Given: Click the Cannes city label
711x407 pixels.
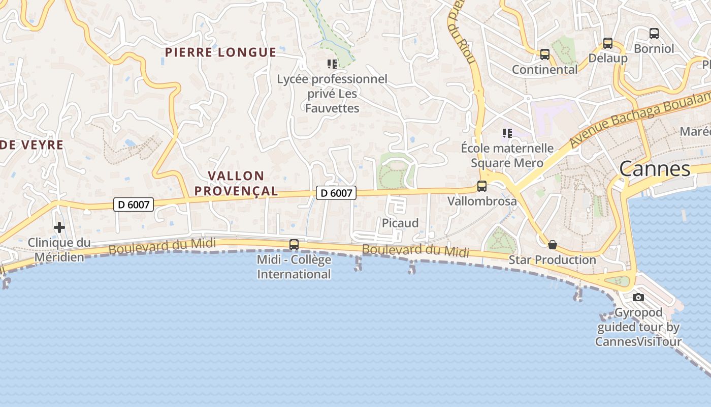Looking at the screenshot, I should point(655,169).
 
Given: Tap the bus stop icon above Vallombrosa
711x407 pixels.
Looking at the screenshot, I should point(481,186).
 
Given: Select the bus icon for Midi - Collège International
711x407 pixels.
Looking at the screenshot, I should point(294,245).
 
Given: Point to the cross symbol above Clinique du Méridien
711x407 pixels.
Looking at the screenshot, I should point(59,227).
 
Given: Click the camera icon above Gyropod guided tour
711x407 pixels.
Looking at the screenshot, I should point(638,297).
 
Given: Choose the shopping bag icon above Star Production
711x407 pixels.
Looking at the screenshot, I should point(553,245).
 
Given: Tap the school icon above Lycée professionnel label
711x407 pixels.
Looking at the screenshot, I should point(332,64).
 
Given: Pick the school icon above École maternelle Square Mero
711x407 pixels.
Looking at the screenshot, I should point(507,133).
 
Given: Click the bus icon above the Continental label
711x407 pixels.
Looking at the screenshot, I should point(544,54).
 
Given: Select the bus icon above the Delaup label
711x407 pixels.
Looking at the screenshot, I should point(607,43).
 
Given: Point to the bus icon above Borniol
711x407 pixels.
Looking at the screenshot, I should point(654,34).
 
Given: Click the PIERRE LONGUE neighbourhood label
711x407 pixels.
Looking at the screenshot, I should point(220,52).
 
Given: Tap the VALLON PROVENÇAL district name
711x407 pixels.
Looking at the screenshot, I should point(236,184).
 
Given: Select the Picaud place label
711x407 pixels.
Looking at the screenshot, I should point(400,223).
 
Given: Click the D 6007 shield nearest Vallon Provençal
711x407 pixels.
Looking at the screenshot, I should point(336,193).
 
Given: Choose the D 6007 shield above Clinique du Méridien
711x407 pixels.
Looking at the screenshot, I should point(133,205).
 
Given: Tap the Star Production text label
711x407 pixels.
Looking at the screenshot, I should point(553,260).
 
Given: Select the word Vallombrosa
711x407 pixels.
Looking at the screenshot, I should point(482,201).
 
